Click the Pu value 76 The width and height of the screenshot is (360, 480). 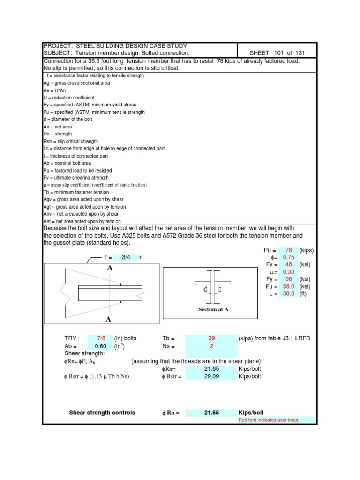click(288, 250)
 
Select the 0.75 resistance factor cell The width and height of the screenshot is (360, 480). click(288, 257)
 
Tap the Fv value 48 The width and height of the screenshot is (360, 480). click(288, 265)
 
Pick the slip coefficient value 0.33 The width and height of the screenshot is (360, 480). click(288, 272)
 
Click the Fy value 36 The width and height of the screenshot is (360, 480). click(288, 279)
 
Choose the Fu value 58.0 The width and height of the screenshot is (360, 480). click(288, 286)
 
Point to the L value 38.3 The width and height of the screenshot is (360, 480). click(288, 294)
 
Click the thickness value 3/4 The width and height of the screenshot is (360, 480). click(126, 257)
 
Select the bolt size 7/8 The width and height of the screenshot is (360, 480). click(101, 339)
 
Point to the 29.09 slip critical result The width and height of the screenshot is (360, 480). click(211, 376)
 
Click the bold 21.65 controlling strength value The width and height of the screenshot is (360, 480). click(211, 412)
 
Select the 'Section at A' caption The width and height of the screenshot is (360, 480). click(213, 309)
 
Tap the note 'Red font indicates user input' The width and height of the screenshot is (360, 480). click(268, 420)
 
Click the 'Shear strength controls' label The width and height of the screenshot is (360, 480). click(102, 412)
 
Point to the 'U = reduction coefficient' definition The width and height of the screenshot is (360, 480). click(68, 97)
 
